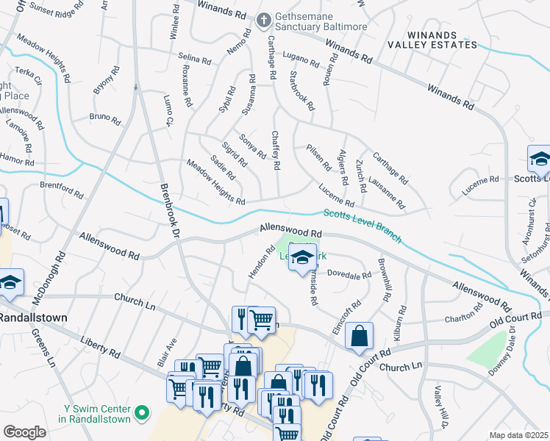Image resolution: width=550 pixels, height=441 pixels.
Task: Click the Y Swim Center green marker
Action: [144, 413]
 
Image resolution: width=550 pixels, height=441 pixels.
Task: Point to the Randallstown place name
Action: [33, 318]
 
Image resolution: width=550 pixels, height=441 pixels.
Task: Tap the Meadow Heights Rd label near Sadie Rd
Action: [215, 182]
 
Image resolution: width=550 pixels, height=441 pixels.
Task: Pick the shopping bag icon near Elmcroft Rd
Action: [359, 337]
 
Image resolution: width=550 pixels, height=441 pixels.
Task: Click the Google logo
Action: [24, 431]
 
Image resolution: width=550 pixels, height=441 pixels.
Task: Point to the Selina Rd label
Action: [194, 58]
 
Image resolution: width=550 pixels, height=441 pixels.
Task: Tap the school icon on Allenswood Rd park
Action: [301, 258]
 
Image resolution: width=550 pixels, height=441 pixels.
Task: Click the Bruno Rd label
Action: [104, 117]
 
